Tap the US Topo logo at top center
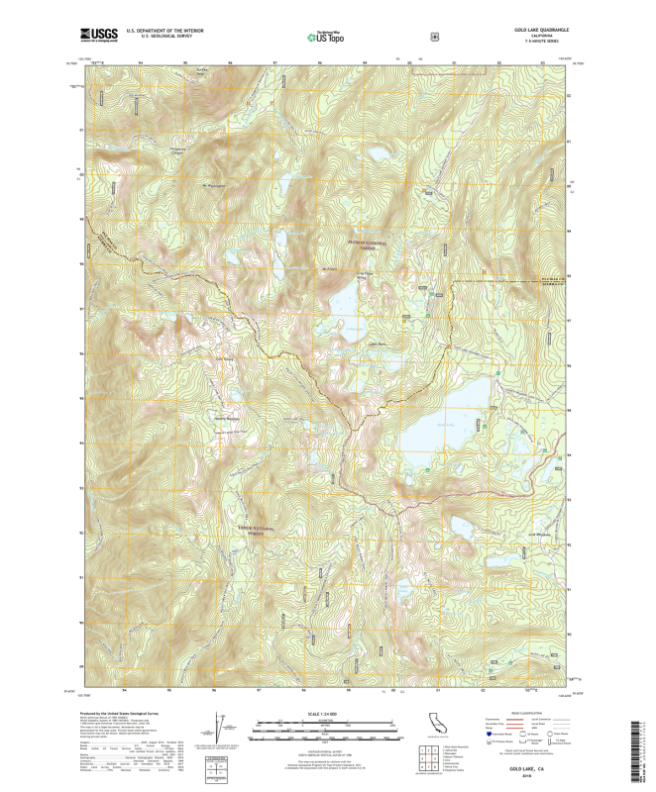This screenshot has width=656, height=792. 327,37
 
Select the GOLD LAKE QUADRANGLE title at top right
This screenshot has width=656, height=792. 543,31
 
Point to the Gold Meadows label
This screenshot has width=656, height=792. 537,536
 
